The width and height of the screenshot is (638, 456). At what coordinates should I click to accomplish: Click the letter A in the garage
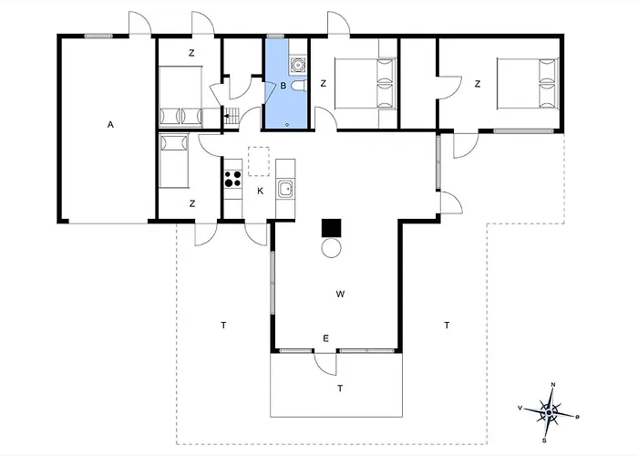click(110, 125)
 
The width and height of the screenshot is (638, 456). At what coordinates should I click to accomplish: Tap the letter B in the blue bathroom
click(283, 86)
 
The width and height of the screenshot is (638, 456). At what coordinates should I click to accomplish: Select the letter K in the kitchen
click(261, 191)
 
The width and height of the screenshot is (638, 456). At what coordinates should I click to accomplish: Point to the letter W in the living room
click(341, 294)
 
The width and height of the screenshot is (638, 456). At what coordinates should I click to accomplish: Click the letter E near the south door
click(325, 338)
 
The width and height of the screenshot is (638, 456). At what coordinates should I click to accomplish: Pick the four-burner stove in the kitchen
click(232, 179)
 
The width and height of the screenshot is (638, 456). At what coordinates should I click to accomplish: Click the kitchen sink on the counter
click(285, 190)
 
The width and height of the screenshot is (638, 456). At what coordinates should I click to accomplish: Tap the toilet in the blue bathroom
click(299, 86)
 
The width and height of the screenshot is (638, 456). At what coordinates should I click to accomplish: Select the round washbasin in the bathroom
click(298, 65)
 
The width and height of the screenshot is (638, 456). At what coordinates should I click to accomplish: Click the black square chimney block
click(331, 228)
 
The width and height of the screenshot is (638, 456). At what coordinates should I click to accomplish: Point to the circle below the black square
click(331, 247)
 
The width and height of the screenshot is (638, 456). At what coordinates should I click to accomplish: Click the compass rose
click(549, 413)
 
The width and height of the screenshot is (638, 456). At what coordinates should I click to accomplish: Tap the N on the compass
click(553, 385)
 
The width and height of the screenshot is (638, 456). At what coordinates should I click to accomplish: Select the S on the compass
click(544, 440)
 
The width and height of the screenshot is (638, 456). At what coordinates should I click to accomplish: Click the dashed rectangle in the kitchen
click(259, 161)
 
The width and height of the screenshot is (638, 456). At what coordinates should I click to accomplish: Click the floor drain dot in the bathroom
click(287, 125)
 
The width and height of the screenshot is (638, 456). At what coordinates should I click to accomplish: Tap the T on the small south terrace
click(340, 389)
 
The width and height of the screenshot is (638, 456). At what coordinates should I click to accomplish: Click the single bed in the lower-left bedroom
click(174, 161)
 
